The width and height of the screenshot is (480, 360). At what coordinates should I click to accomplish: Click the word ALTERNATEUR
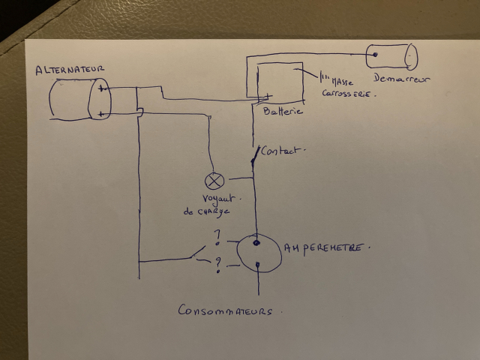point(70,70)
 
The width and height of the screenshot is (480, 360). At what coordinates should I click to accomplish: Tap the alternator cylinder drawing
point(77,100)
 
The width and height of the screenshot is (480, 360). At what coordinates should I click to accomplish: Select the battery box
point(280,82)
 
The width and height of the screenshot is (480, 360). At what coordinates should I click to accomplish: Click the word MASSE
point(346,80)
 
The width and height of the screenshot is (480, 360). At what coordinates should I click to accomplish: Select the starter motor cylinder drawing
point(391,56)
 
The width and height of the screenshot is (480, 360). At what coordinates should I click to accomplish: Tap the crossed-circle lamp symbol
point(214,181)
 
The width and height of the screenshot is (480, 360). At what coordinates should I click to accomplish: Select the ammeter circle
point(256,254)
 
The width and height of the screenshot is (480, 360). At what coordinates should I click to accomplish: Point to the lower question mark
point(217,264)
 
